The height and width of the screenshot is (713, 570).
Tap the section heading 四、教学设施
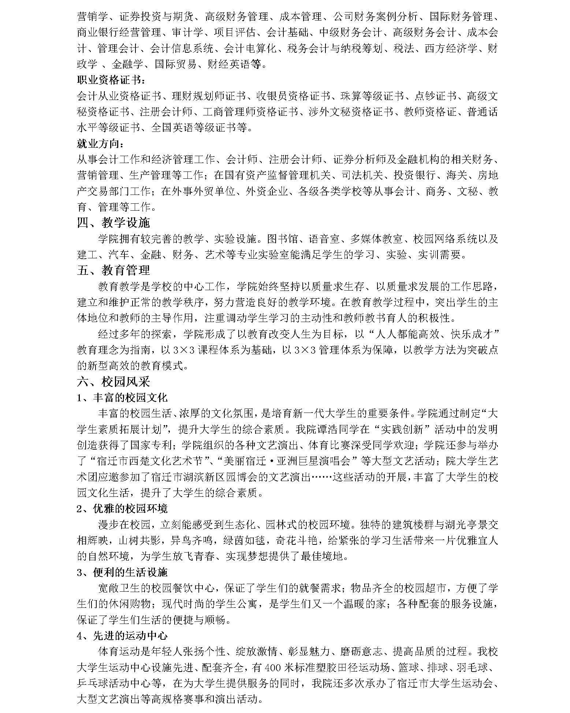tap(113, 223)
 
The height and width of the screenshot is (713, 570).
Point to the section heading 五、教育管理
tap(113, 270)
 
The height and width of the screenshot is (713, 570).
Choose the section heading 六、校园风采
tap(113, 382)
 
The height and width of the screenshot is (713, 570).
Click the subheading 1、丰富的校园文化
tap(122, 398)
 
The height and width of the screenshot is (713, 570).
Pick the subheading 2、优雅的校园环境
tap(122, 509)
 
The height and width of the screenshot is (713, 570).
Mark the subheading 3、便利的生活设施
tap(122, 572)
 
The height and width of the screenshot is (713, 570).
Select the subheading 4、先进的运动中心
tap(122, 636)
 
